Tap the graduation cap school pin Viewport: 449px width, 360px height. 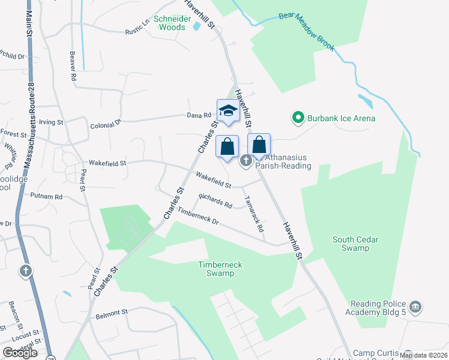(x=228, y=110)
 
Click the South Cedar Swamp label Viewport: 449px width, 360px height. (x=355, y=244)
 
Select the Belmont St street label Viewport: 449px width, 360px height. (x=112, y=313)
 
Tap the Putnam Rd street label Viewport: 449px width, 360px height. (x=46, y=196)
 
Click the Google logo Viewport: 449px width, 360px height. (x=20, y=353)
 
